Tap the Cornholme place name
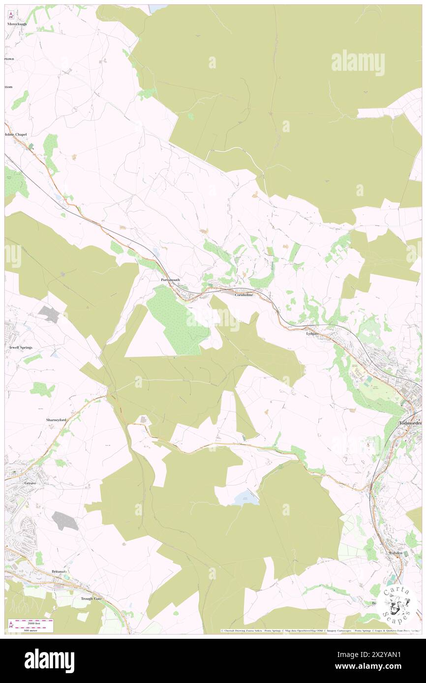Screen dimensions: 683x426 [x=243, y=295]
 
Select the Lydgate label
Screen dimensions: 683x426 [x=312, y=333]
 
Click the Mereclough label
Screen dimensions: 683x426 [x=17, y=24]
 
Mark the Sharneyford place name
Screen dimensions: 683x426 [x=56, y=421]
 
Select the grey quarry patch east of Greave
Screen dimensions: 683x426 [x=65, y=521]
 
